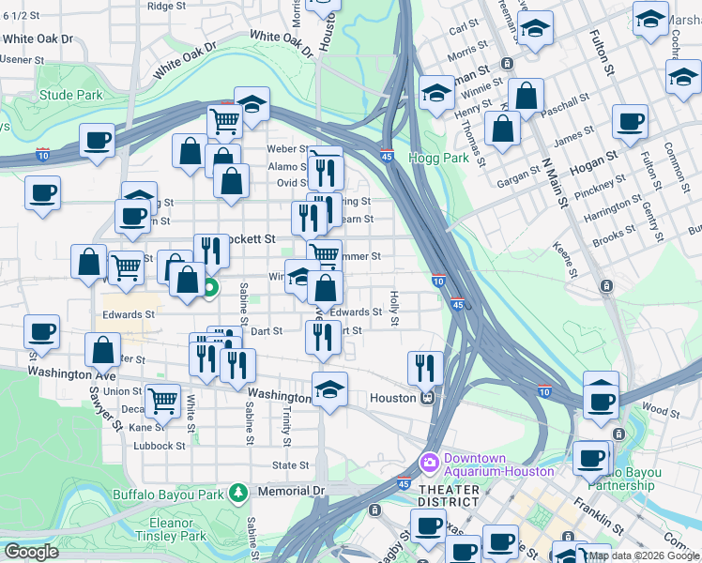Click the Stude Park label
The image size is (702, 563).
[x=71, y=95]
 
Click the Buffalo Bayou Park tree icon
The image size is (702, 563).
[x=238, y=492]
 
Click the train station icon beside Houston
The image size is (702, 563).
[x=427, y=398]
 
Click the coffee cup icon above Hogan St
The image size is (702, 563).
[x=630, y=120]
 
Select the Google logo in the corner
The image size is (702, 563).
[x=31, y=552]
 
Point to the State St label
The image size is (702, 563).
[x=290, y=465]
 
